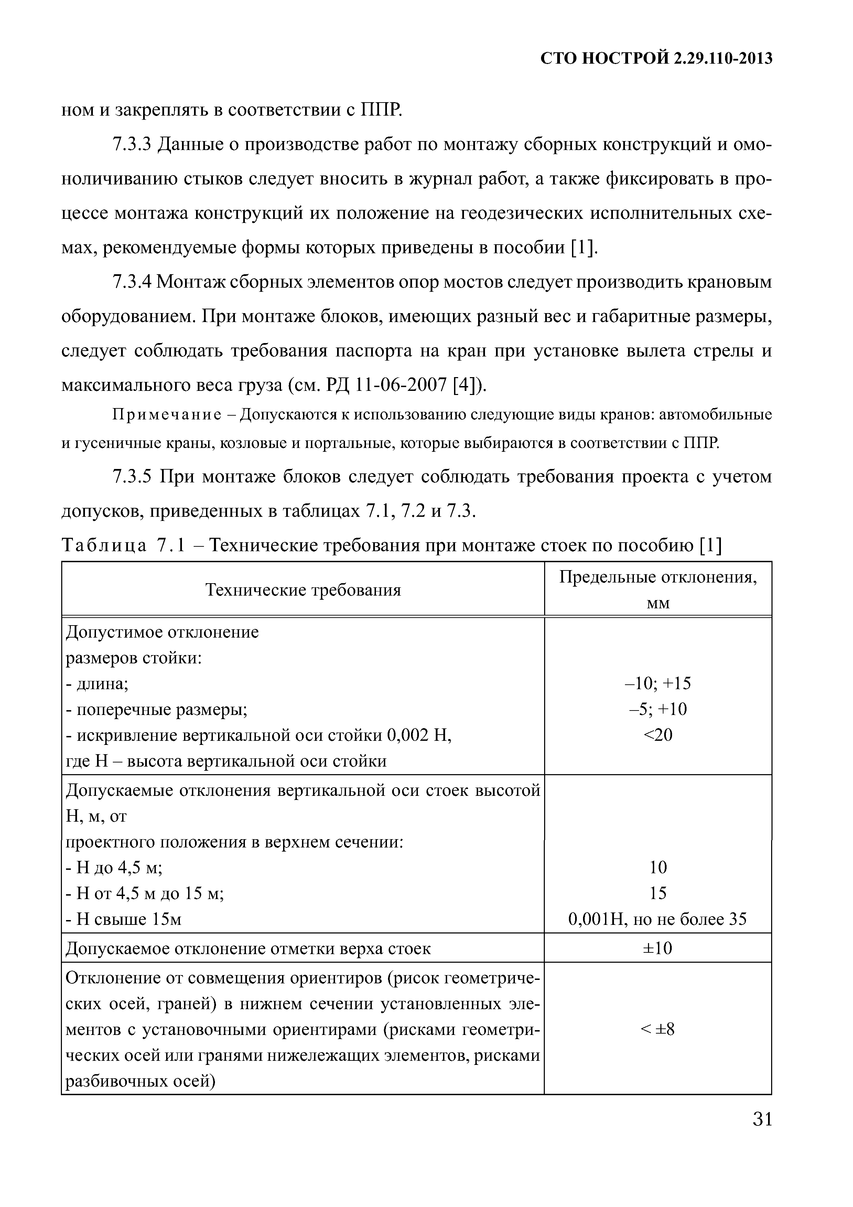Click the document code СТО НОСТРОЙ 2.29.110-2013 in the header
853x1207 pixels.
click(657, 58)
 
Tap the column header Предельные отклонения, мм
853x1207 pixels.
click(658, 590)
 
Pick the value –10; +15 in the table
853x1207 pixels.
click(658, 683)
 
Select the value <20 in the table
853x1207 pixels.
click(658, 735)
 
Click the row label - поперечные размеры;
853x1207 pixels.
click(156, 710)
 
